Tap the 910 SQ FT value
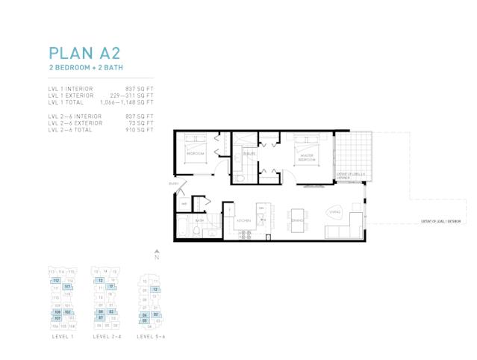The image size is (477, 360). point(140,130)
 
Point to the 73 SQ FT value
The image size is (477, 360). point(141,123)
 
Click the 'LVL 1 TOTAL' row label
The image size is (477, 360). point(66,102)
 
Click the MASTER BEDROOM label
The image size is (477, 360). point(306,158)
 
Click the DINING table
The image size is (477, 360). point(299,220)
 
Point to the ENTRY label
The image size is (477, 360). point(173,183)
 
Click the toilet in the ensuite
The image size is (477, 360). point(238,179)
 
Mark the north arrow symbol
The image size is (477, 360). point(157,254)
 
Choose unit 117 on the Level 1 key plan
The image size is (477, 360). point(67,287)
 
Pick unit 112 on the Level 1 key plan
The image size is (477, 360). point(55,281)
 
